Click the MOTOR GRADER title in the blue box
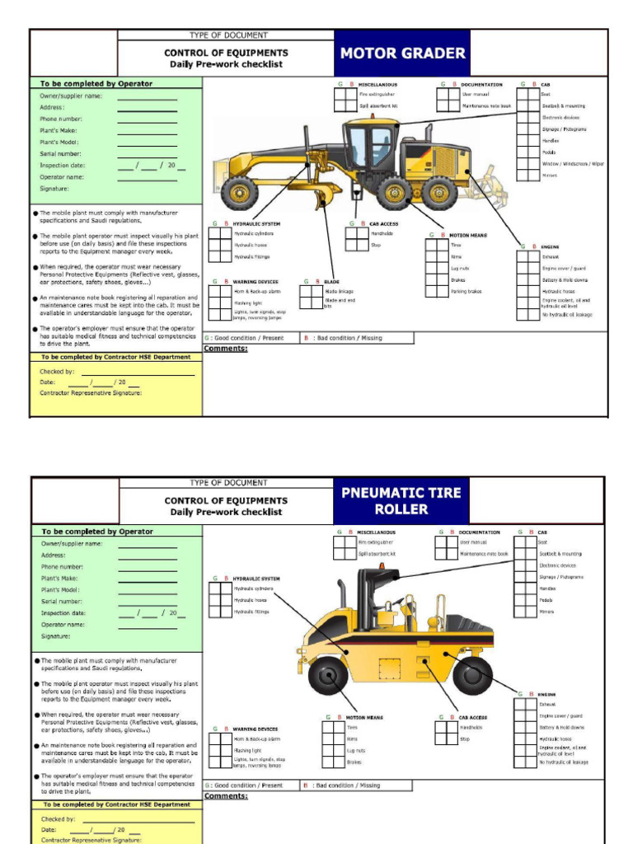tap(402, 54)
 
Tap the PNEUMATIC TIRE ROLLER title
tap(401, 500)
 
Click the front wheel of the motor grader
tap(239, 192)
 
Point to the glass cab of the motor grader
tap(369, 145)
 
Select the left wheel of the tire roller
tap(328, 675)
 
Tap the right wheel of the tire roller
tap(472, 675)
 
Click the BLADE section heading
tap(332, 282)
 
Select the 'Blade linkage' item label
tap(339, 292)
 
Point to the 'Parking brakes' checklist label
tap(466, 292)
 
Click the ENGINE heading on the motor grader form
tap(550, 246)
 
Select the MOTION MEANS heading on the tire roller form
tap(364, 718)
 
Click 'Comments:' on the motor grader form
tap(226, 349)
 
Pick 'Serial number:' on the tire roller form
tap(61, 602)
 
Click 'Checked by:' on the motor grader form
tap(57, 372)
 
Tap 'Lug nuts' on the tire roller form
tap(356, 751)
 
